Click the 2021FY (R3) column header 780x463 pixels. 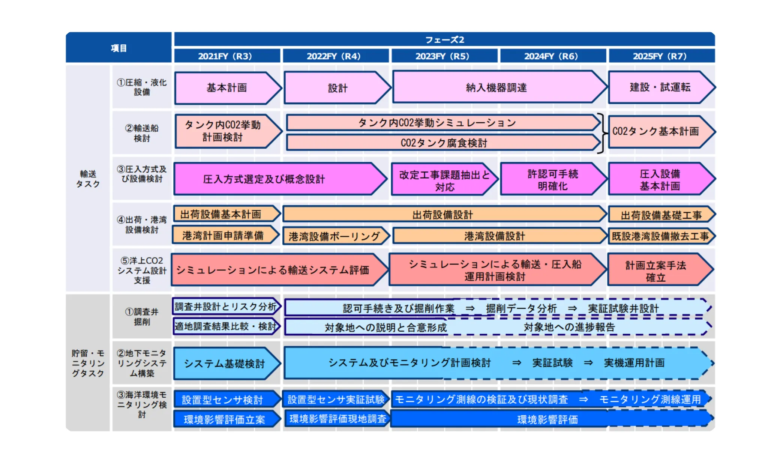click(225, 56)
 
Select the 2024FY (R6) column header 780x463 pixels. click(551, 56)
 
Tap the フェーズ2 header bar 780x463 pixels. click(444, 39)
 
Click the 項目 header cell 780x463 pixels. click(118, 48)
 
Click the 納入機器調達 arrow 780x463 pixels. click(496, 88)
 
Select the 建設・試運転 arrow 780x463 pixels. click(660, 87)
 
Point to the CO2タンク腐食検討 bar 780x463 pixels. click(444, 143)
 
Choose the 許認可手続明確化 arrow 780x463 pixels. click(552, 179)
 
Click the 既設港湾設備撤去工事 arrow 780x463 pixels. click(660, 236)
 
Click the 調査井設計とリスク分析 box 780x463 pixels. click(226, 307)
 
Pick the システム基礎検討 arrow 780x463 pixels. click(225, 363)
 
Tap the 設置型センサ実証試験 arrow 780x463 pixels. click(336, 399)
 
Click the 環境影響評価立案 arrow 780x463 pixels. click(225, 419)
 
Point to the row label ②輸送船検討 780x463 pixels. click(142, 133)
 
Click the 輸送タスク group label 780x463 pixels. click(88, 179)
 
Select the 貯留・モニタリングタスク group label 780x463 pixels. click(88, 363)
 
